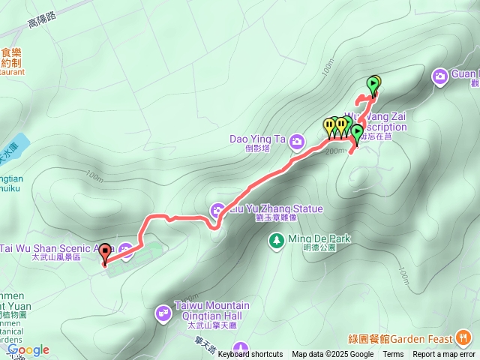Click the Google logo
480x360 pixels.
click(28, 349)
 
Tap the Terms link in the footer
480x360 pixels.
click(393, 355)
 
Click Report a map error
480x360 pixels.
click(445, 355)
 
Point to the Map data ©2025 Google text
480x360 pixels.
click(332, 355)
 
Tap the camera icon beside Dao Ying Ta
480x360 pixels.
click(298, 140)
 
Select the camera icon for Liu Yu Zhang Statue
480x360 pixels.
click(218, 209)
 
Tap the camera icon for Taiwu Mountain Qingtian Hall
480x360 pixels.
click(163, 312)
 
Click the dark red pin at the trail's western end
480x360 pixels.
click(105, 253)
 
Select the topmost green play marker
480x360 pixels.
click(373, 84)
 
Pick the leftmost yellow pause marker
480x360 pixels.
click(328, 125)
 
